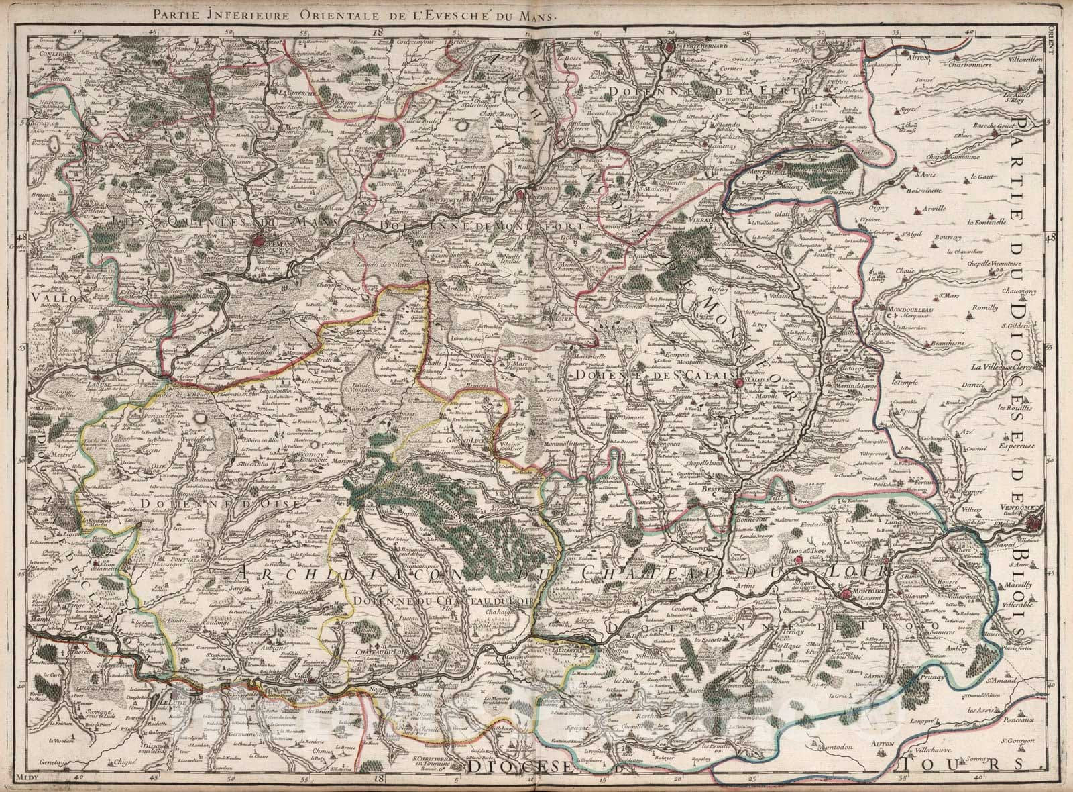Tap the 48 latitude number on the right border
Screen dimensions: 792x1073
pos(1050,236)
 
